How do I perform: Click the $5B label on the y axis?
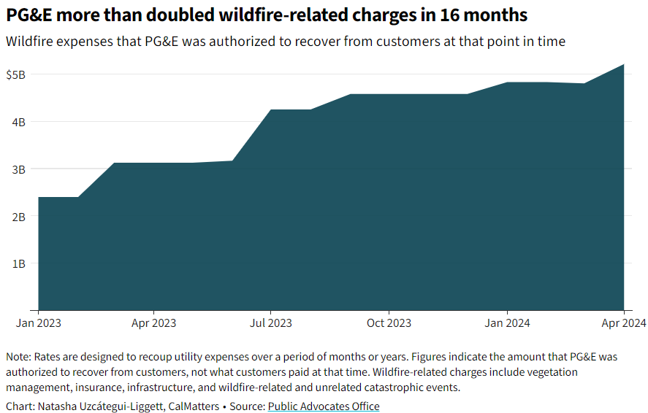click(15, 74)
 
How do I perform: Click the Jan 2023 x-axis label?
click(39, 323)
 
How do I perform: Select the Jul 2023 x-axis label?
click(270, 323)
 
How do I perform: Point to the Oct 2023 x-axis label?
click(389, 323)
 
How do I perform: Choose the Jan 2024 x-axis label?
click(507, 323)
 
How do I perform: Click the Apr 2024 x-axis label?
click(622, 323)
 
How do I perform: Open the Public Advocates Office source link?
click(324, 406)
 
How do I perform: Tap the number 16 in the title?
click(431, 15)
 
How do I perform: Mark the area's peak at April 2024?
click(623, 65)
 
